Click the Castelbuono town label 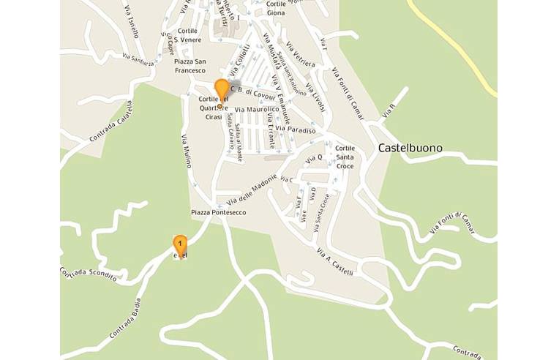(x=410, y=148)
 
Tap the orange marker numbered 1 (x=180, y=244)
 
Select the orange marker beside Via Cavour (x=222, y=91)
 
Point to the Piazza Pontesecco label (x=219, y=212)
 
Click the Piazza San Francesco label (x=190, y=66)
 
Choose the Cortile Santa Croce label (x=344, y=157)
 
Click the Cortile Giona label (x=276, y=8)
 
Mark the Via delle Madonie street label (x=252, y=190)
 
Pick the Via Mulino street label (x=184, y=150)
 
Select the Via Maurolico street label (x=252, y=109)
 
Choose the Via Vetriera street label (x=301, y=53)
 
